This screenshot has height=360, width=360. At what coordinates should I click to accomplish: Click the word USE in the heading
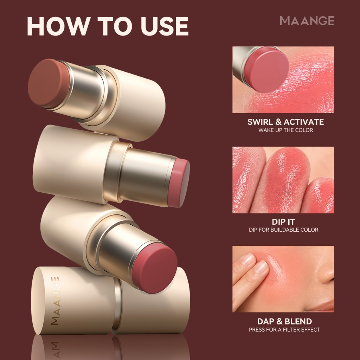tap(165, 26)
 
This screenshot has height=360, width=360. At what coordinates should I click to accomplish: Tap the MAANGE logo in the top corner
tap(307, 21)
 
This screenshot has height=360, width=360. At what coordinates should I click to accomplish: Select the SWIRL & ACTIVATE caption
tap(285, 122)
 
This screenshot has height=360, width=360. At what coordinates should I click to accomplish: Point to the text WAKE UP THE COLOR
tap(285, 130)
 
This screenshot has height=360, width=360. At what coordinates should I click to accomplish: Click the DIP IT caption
tap(283, 222)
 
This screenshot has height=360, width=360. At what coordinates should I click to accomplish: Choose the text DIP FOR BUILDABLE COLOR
tap(284, 230)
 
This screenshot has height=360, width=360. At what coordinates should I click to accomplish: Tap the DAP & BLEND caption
tap(284, 321)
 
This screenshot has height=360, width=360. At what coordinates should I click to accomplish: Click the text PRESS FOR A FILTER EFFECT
tap(284, 330)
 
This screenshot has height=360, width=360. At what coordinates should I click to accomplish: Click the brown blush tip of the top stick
tap(48, 83)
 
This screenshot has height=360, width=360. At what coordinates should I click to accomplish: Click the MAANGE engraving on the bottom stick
tap(55, 301)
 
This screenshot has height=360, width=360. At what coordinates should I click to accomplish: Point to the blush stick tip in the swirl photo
tap(266, 69)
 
